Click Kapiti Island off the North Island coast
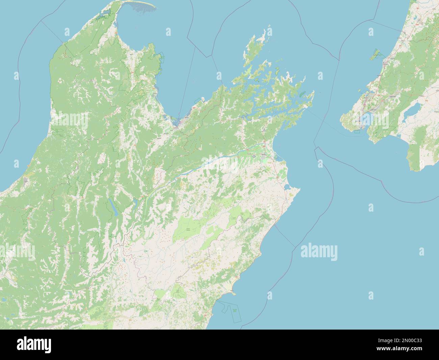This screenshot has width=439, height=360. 376,54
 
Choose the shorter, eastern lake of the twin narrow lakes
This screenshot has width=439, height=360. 135,203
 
